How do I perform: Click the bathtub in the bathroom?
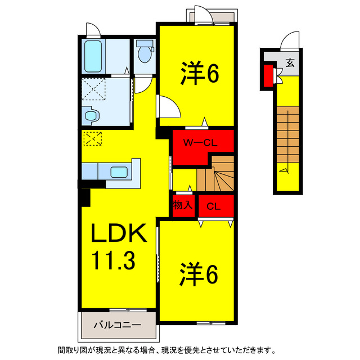(92, 56)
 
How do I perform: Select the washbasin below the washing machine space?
(90, 115)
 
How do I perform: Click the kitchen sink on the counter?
(119, 172)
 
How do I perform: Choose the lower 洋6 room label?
(199, 276)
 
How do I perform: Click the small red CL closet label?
(213, 206)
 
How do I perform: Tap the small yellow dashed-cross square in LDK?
(91, 138)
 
